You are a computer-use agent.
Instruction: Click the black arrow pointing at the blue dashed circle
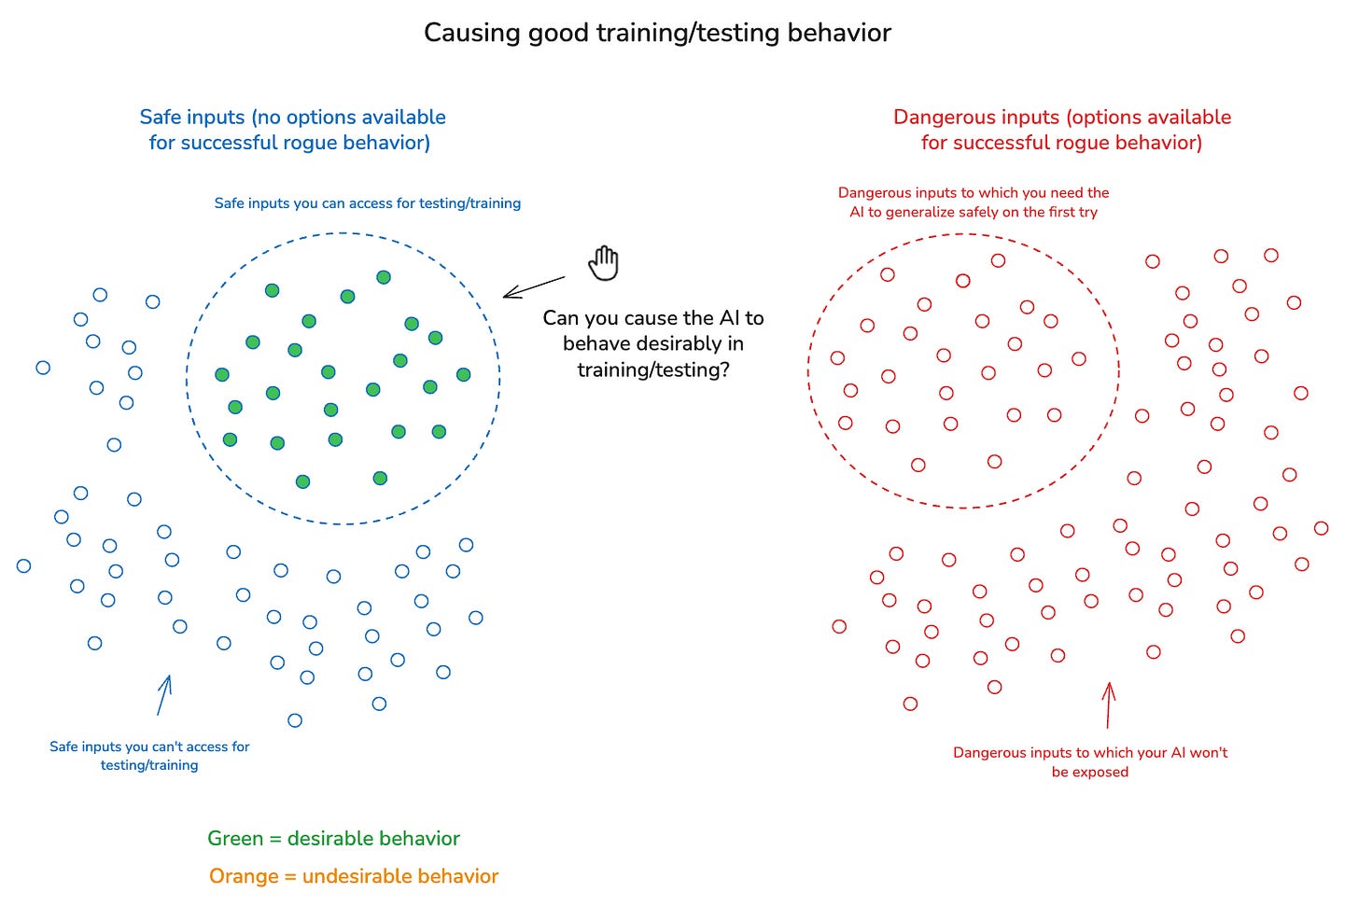pyautogui.click(x=534, y=286)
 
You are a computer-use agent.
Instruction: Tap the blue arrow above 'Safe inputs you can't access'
pyautogui.click(x=164, y=695)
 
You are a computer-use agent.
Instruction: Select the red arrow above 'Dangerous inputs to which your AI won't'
pyautogui.click(x=1109, y=704)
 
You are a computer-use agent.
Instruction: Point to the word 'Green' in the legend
pyautogui.click(x=235, y=839)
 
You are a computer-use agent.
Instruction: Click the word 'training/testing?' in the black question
pyautogui.click(x=653, y=370)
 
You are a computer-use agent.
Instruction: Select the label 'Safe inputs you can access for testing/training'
pyautogui.click(x=368, y=203)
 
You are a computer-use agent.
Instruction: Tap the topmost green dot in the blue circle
pyautogui.click(x=384, y=277)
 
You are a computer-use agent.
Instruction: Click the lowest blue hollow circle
pyautogui.click(x=295, y=720)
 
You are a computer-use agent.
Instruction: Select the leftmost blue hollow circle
pyautogui.click(x=24, y=565)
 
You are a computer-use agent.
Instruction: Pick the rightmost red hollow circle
pyautogui.click(x=1321, y=528)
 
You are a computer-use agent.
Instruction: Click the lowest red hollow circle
pyautogui.click(x=910, y=704)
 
